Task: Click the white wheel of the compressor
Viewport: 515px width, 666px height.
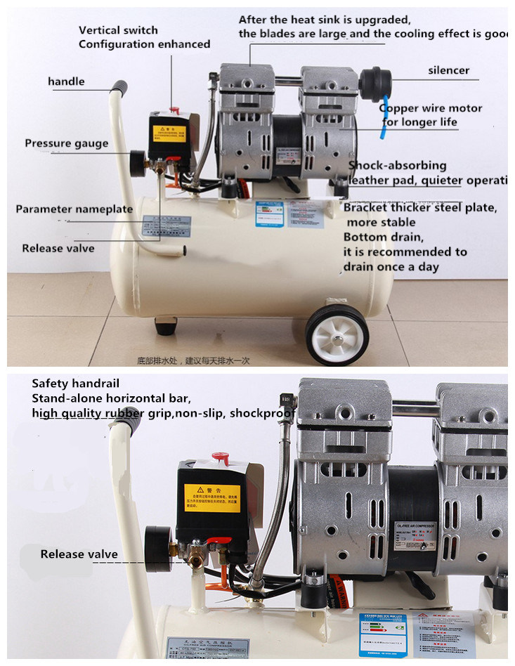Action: [x=337, y=335]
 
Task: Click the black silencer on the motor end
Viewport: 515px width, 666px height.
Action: [x=375, y=84]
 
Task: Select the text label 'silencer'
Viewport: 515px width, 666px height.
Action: [x=448, y=70]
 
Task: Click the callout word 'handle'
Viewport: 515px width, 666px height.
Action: [x=66, y=81]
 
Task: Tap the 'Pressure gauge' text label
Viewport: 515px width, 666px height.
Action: [x=67, y=143]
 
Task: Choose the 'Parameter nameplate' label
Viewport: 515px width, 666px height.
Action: [x=74, y=209]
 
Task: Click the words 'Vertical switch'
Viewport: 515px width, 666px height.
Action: [x=118, y=30]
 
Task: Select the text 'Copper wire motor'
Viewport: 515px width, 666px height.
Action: [x=431, y=108]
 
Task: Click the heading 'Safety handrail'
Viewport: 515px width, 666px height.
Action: [x=75, y=384]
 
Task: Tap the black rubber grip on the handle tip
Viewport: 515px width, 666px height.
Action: [x=120, y=89]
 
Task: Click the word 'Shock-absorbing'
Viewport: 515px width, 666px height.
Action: [x=398, y=166]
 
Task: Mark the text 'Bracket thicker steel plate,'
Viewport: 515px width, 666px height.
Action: [x=420, y=208]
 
